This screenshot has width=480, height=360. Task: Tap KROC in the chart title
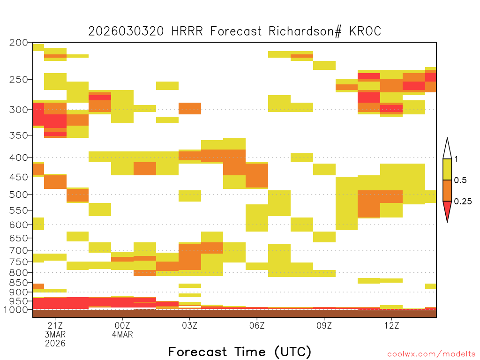365,31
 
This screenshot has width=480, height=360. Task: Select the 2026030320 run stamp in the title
126,31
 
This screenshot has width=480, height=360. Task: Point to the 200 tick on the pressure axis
19,43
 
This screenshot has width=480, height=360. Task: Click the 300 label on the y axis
19,110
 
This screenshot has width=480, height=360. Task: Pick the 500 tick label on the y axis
19,195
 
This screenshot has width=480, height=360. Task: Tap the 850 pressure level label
19,283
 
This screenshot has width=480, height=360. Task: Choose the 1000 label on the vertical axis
16,310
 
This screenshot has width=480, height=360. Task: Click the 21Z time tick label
55,325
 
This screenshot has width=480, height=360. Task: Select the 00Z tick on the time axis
122,325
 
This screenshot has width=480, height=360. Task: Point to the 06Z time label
257,325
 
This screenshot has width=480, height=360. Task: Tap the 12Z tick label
392,325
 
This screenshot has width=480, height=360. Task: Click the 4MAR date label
122,334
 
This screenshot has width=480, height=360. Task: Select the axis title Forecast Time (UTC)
240,352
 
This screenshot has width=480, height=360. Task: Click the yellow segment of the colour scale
447,169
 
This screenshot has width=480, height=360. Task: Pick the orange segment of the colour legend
447,190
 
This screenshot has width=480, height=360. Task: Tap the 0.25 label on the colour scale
463,202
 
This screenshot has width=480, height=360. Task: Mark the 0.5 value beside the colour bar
460,180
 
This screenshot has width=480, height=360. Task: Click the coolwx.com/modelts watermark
431,354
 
